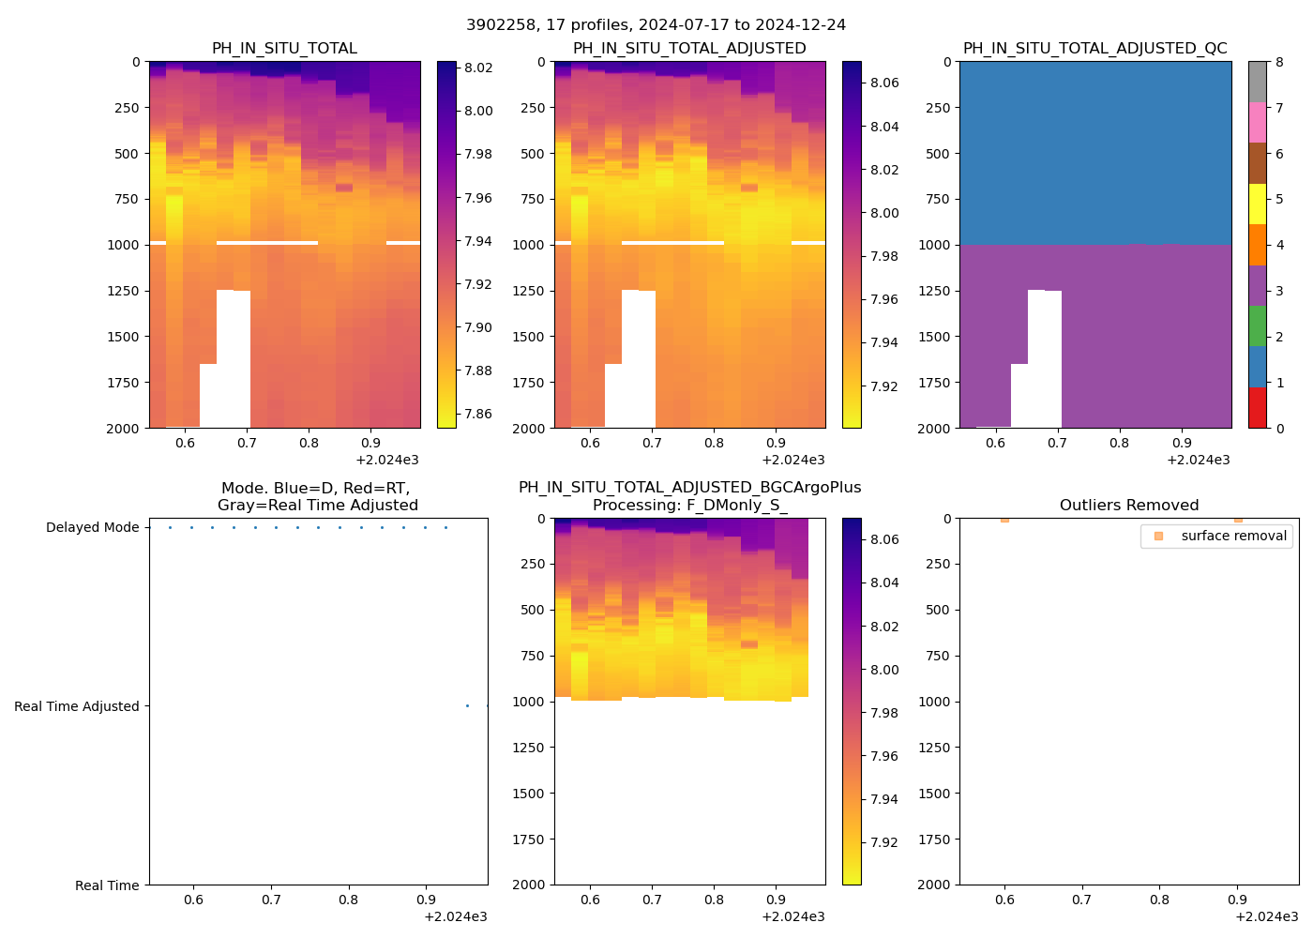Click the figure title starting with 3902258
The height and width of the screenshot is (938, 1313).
click(656, 25)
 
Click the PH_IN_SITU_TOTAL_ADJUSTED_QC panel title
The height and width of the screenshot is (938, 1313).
click(1094, 49)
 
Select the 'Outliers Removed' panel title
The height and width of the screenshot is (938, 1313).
click(1128, 506)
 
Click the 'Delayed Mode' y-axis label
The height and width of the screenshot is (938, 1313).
click(92, 527)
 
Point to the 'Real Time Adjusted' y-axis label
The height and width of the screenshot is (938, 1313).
click(76, 706)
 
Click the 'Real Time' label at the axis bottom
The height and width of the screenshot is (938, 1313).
click(107, 885)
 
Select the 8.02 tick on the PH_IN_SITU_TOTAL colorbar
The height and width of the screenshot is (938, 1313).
click(478, 68)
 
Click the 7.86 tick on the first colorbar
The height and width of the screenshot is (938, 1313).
click(478, 414)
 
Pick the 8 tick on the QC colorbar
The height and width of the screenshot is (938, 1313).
click(1279, 62)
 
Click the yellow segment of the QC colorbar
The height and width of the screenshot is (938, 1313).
click(1257, 204)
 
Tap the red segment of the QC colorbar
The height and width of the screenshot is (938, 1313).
click(1257, 408)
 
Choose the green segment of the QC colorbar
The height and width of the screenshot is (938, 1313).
click(1257, 325)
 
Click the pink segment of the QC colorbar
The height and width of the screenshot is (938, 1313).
click(1257, 122)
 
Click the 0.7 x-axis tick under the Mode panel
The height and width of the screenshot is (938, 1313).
click(271, 900)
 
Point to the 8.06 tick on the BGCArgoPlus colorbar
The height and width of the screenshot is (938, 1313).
click(884, 539)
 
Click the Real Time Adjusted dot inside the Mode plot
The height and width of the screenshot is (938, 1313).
click(467, 705)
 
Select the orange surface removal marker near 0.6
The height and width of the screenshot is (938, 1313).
click(1004, 519)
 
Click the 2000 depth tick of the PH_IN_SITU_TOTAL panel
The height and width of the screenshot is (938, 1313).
click(124, 429)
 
